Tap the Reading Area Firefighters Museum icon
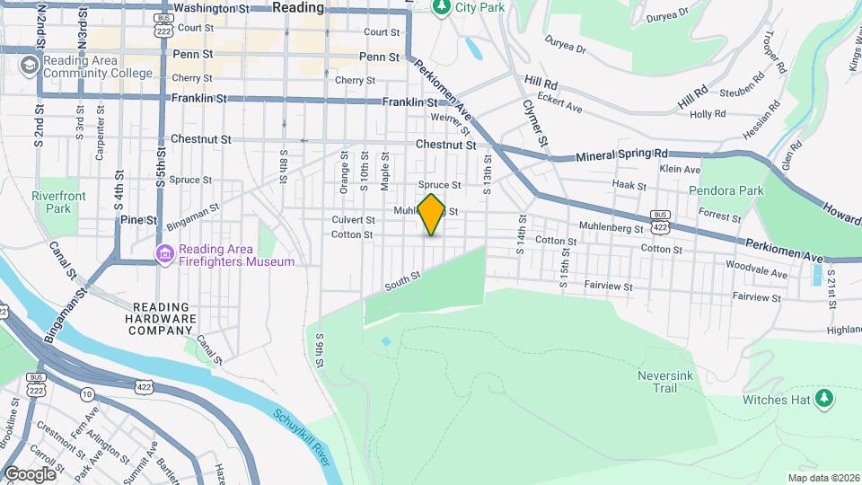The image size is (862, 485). pyautogui.click(x=163, y=255)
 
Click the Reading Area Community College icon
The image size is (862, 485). pyautogui.click(x=30, y=64)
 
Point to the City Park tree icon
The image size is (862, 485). pyautogui.click(x=441, y=8)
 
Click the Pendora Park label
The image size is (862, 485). pyautogui.click(x=726, y=190)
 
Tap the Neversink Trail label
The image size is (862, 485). pyautogui.click(x=663, y=382)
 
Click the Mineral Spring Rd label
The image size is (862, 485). pyautogui.click(x=622, y=154)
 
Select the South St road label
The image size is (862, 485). pyautogui.click(x=403, y=281)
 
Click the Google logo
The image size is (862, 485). pyautogui.click(x=30, y=474)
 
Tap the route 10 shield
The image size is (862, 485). pyautogui.click(x=87, y=393)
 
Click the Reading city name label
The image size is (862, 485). pyautogui.click(x=297, y=7)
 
